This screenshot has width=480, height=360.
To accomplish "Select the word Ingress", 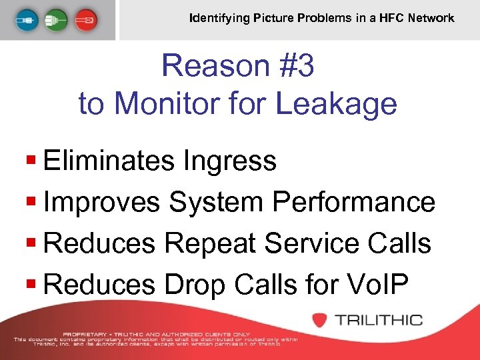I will pyautogui.click(x=233, y=161).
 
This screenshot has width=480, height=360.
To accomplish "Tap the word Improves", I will pyautogui.click(x=101, y=202).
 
